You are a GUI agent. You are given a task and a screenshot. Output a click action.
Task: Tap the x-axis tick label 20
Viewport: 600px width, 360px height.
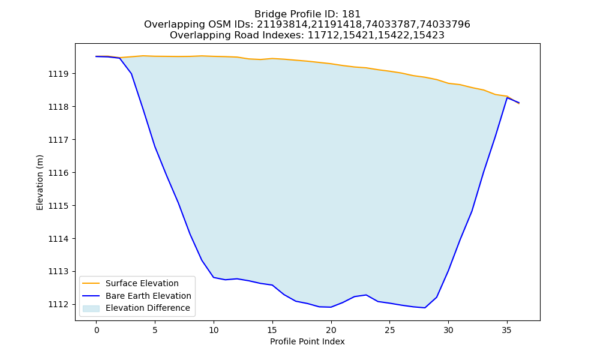331,330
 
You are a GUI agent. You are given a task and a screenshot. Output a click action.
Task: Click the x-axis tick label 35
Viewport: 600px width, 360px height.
506,330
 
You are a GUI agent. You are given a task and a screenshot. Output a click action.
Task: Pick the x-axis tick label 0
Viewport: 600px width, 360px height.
97,330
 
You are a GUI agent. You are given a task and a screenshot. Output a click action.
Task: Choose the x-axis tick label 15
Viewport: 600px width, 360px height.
272,330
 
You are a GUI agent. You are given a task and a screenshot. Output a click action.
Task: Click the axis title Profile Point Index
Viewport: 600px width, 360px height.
307,341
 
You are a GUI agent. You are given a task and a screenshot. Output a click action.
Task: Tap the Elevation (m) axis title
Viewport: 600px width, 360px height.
40,182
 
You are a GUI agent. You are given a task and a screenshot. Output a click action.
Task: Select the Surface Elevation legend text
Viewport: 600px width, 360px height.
142,283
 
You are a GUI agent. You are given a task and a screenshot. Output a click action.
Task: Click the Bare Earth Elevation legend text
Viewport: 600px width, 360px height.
148,296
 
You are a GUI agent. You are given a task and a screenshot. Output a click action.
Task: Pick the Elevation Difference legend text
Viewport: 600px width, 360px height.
148,308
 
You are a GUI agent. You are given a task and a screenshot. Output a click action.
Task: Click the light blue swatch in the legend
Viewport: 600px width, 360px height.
91,308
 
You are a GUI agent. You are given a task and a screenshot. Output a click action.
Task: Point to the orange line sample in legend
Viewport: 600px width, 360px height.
91,283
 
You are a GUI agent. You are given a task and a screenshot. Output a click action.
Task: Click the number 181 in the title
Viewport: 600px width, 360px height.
352,14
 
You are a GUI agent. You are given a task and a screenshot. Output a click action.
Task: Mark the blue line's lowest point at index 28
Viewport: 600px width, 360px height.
425,308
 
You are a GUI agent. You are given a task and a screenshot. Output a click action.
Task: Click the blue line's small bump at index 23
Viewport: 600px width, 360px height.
366,295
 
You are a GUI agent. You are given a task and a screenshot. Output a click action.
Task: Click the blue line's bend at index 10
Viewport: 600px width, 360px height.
214,277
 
